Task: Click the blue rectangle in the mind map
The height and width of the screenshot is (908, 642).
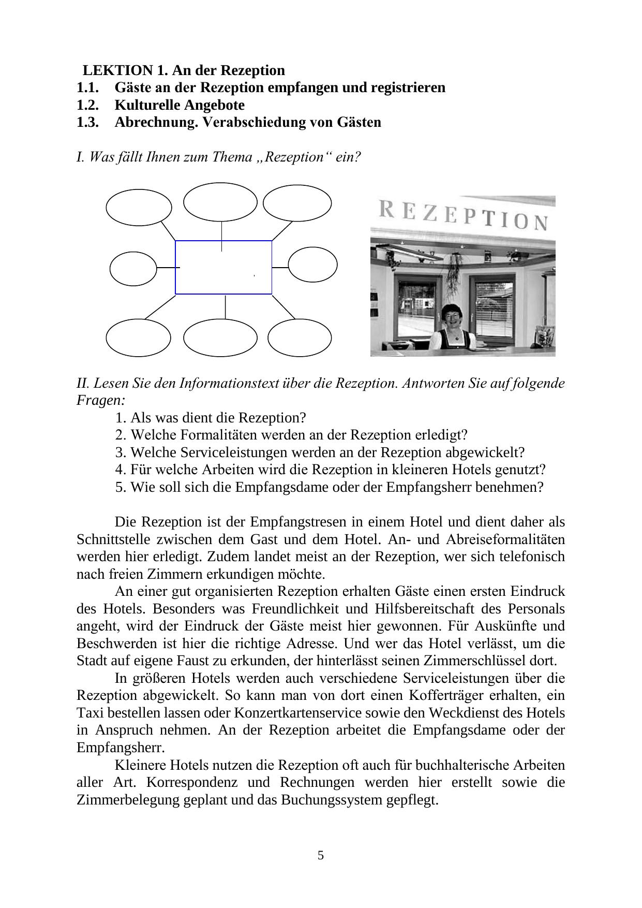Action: pyautogui.click(x=223, y=267)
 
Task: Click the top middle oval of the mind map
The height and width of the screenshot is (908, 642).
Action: pyautogui.click(x=220, y=202)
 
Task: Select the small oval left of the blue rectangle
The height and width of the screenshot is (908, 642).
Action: pyautogui.click(x=133, y=269)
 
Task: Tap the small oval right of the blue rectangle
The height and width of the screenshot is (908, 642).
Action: pyautogui.click(x=312, y=265)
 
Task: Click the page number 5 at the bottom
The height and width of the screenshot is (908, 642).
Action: pyautogui.click(x=321, y=855)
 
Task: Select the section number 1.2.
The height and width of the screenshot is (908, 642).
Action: pyautogui.click(x=87, y=105)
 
